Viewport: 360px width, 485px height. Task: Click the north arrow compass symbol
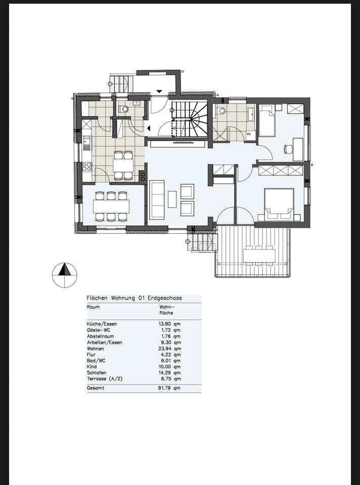[64, 275]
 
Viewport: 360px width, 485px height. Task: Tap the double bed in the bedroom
[279, 204]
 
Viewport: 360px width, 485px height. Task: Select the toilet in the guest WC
[124, 109]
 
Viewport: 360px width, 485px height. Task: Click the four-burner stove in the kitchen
[86, 167]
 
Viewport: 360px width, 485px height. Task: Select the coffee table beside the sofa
[172, 199]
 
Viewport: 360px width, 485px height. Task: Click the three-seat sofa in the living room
[157, 200]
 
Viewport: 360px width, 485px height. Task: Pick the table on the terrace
[259, 256]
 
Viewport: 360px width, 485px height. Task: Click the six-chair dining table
[111, 206]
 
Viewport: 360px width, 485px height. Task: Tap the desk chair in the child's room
[288, 150]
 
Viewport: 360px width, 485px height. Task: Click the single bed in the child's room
[267, 121]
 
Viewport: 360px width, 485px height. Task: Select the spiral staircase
[189, 119]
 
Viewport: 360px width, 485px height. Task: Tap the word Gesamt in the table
[96, 388]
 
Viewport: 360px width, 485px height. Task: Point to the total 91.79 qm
[169, 388]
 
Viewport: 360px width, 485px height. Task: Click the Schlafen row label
[97, 373]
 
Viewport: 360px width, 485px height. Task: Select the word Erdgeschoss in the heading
[165, 298]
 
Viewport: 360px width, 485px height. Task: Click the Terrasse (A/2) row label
[105, 379]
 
